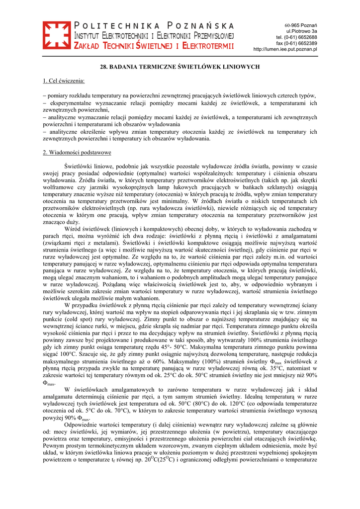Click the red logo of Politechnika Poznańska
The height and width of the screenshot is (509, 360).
(x=57, y=36)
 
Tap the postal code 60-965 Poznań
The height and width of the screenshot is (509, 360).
(x=301, y=25)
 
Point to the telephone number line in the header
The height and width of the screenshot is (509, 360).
(x=297, y=37)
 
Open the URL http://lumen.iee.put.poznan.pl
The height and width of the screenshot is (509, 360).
(x=285, y=49)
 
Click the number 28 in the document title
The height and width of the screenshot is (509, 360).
(x=104, y=66)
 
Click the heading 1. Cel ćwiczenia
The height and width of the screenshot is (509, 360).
(x=64, y=81)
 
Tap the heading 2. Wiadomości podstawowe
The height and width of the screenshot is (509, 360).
(x=77, y=152)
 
